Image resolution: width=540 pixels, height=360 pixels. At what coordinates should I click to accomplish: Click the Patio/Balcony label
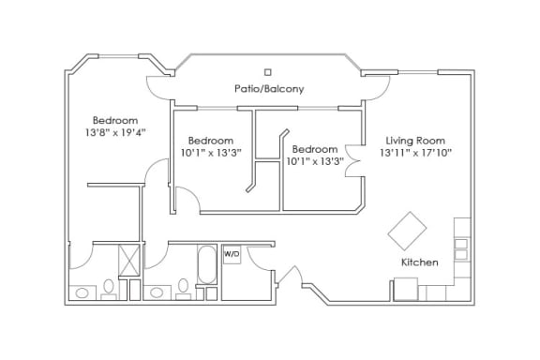tap(269, 89)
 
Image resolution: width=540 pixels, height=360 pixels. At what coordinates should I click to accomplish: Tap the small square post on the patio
tap(267, 72)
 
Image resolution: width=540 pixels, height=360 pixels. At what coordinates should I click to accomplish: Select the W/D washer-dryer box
tap(232, 254)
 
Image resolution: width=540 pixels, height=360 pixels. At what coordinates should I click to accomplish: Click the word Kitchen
tap(420, 262)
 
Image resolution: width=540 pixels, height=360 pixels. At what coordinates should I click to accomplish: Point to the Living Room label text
tap(415, 141)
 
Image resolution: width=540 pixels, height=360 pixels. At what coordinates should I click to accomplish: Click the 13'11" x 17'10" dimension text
tap(415, 153)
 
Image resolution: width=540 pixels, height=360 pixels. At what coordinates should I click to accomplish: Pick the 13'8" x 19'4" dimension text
tap(115, 132)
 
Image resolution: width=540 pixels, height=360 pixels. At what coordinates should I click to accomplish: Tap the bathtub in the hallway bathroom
tap(207, 264)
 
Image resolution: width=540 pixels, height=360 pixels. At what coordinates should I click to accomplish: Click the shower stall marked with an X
tap(129, 260)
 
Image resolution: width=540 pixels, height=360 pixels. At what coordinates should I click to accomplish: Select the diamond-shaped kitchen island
tap(407, 231)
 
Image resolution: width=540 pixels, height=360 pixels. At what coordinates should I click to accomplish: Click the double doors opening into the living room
tap(353, 161)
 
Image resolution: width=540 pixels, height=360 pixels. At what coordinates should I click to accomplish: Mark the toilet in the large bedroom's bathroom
tap(109, 290)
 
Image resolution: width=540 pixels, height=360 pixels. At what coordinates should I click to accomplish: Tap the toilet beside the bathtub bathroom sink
tap(183, 289)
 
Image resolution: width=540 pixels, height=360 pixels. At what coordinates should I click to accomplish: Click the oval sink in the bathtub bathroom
tap(157, 292)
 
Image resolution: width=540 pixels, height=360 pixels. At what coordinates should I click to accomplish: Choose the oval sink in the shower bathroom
tap(82, 293)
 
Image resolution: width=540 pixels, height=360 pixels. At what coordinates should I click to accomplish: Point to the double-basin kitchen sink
tap(461, 249)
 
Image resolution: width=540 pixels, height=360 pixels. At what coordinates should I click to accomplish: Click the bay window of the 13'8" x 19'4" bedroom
tap(118, 56)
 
